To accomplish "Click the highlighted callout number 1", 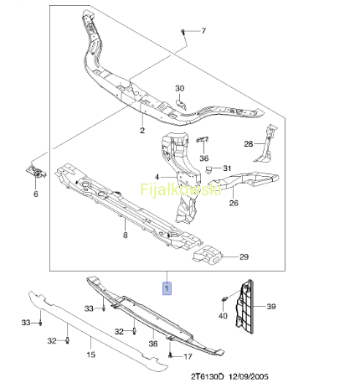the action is coord(167,288).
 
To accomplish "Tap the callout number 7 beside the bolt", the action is coord(203,31).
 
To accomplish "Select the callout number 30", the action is coord(180,88).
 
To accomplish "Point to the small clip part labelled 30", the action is coord(182,104).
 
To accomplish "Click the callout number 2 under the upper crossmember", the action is coord(142,130).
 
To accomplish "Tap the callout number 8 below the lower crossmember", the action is coord(126,235).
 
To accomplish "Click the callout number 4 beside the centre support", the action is coord(157,177).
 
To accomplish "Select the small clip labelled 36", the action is coord(203,139).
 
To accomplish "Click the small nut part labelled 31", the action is coord(208,169).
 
